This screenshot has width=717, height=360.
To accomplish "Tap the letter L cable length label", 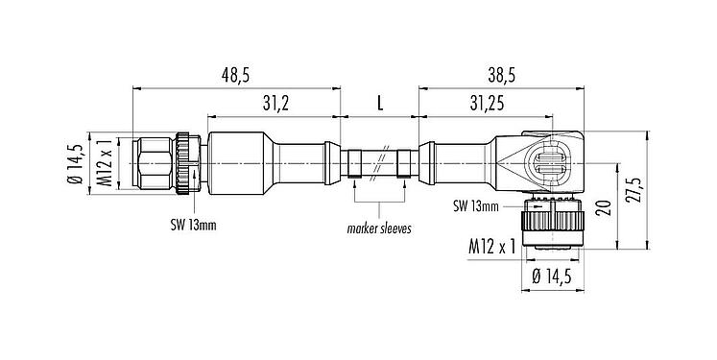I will click(379, 102).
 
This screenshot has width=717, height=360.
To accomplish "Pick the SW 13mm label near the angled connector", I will click(477, 204).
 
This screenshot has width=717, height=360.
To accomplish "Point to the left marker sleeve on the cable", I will click(356, 159).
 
